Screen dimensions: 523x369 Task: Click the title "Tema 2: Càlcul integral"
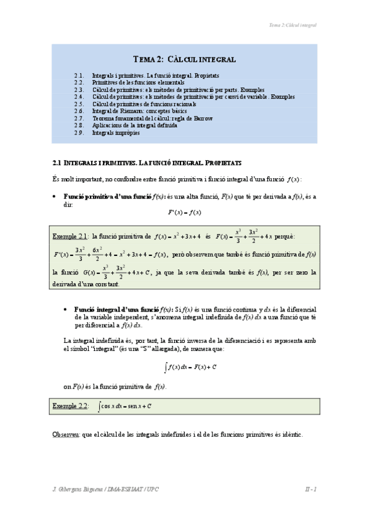click(x=184, y=59)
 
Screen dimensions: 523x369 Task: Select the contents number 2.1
click(x=78, y=75)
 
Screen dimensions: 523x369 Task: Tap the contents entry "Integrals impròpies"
click(x=116, y=133)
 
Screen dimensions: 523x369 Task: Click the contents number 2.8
click(x=78, y=125)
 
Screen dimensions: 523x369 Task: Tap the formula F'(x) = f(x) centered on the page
click(x=184, y=213)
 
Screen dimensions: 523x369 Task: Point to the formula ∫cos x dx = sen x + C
click(x=126, y=406)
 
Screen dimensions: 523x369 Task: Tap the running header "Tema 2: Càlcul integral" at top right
click(x=293, y=25)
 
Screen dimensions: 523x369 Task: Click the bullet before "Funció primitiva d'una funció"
click(x=55, y=196)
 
